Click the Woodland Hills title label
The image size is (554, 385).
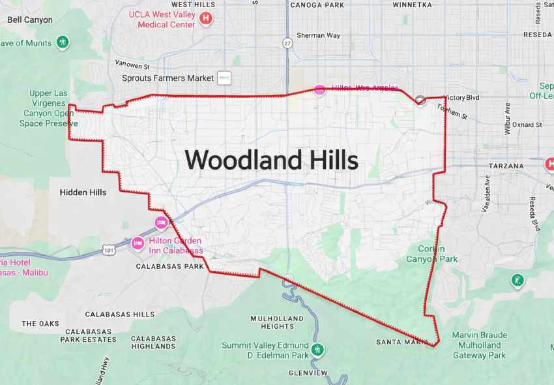271,160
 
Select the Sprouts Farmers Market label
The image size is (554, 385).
168,78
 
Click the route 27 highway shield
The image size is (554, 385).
287,43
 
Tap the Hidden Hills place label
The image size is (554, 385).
83,192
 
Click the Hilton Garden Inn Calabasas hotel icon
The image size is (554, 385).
138,243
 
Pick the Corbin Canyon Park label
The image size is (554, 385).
431,254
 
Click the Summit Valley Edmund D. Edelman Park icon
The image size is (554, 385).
317,350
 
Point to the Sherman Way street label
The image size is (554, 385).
318,35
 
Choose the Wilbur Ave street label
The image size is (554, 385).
507,118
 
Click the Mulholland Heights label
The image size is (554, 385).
277,322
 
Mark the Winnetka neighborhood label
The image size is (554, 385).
412,5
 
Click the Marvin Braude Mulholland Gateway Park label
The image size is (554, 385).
479,345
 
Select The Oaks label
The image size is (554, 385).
40,324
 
